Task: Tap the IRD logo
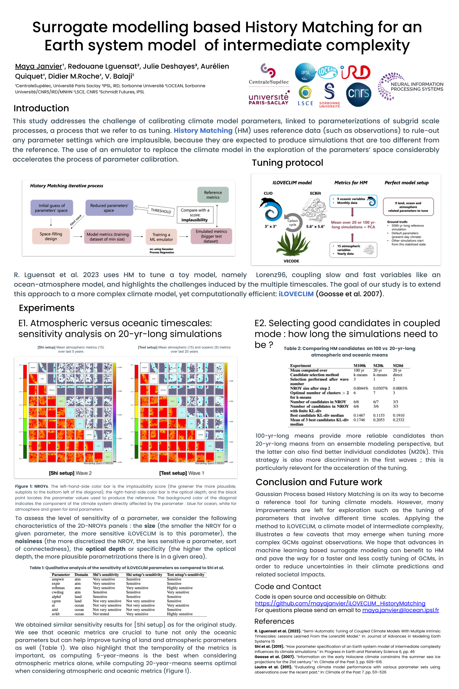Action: (356, 72)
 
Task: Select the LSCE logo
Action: (305, 95)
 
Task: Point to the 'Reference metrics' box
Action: (213, 195)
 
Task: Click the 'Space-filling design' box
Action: (51, 236)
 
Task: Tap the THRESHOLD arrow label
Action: (161, 211)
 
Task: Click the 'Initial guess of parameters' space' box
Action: (52, 208)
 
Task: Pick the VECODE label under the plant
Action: (291, 261)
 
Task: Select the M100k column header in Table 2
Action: (360, 365)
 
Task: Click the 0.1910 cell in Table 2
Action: (398, 415)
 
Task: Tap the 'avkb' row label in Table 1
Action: (56, 614)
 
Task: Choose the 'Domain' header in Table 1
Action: (81, 575)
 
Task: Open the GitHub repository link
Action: (340, 603)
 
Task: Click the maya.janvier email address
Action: (401, 610)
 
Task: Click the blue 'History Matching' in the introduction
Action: (203, 131)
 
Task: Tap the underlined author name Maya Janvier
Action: (39, 66)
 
